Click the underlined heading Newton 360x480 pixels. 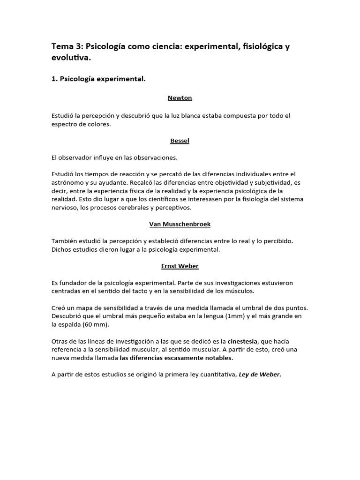coord(180,98)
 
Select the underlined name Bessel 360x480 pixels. coord(180,140)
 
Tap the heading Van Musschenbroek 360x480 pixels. coord(180,224)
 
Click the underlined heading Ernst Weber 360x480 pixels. coord(180,266)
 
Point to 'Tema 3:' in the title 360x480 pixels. coord(67,47)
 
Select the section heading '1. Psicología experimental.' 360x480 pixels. coord(99,79)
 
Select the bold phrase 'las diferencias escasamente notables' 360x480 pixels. coord(176,358)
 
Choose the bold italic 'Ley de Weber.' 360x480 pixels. coord(260,375)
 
